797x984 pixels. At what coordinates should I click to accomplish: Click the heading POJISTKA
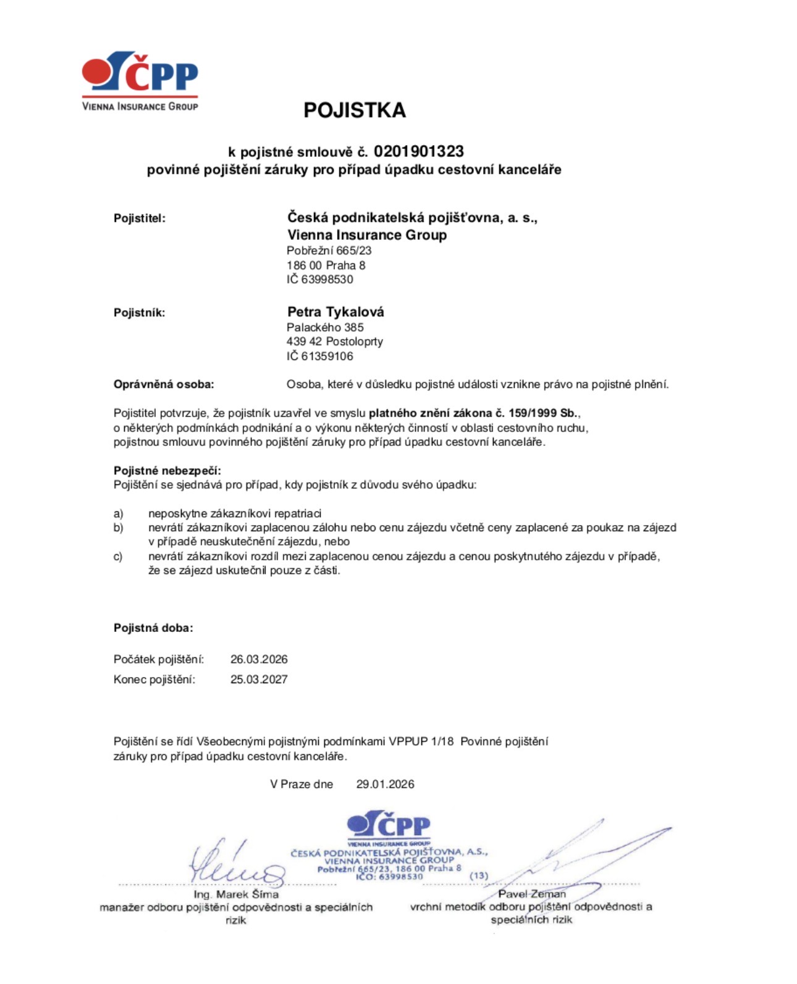tap(354, 110)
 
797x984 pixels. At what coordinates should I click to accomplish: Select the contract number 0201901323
tap(418, 151)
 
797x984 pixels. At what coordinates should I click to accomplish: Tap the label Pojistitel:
tap(140, 218)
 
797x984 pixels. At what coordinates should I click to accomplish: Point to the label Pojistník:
tap(139, 313)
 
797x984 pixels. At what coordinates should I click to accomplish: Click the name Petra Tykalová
tap(335, 312)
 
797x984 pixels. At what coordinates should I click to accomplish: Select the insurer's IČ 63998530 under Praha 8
tap(320, 279)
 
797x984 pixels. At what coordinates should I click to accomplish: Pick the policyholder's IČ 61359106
tap(320, 356)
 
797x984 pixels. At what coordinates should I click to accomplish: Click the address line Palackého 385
tap(325, 327)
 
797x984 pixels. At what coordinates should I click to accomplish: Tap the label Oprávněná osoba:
tap(164, 384)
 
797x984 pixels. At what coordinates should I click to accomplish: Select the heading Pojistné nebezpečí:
tap(167, 471)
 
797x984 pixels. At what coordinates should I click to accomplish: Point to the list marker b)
tap(118, 528)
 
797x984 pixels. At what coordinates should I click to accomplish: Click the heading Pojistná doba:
tap(153, 628)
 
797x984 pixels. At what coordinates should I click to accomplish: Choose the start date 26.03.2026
tap(259, 659)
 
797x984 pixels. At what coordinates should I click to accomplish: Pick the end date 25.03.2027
tap(259, 679)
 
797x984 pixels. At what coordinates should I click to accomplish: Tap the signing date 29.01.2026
tap(385, 784)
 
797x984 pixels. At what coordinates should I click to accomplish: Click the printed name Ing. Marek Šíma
tap(236, 894)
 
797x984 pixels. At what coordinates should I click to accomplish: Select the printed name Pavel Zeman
tap(532, 894)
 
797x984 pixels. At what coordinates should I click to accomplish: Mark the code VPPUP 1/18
tap(421, 741)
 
